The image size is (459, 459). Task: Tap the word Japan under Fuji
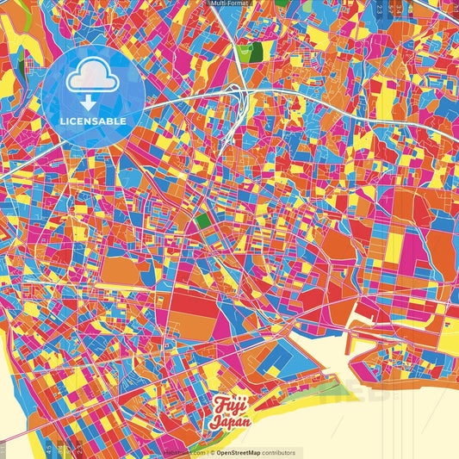230,422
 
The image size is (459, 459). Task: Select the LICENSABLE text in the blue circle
92,121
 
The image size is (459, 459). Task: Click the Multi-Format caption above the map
229,3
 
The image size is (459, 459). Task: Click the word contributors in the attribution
277,452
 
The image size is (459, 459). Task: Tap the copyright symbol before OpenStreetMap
211,452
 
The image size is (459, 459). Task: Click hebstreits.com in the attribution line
186,452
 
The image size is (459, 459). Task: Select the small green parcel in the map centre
203,222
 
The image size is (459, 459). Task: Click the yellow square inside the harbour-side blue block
274,370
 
